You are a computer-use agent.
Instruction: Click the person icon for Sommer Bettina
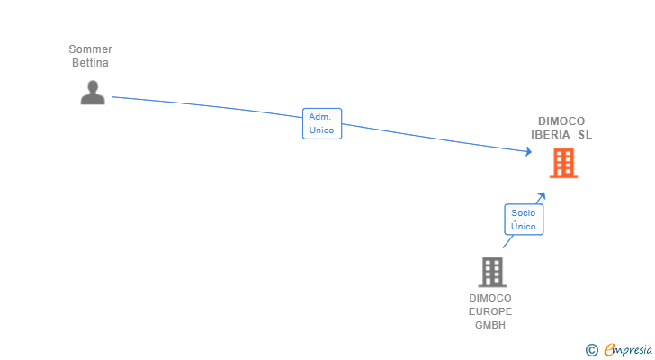(93, 92)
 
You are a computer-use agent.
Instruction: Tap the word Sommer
(90, 49)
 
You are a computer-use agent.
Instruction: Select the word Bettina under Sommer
(90, 63)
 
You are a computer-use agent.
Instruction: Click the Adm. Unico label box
(322, 123)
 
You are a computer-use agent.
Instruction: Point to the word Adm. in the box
(320, 117)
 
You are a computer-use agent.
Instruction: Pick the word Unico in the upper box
(322, 130)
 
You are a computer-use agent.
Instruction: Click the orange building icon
(563, 163)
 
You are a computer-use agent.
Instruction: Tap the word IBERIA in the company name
(551, 135)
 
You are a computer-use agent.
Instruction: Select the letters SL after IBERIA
(586, 135)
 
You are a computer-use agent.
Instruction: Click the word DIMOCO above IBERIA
(561, 121)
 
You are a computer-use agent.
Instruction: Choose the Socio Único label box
(524, 220)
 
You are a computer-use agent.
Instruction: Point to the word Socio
(524, 213)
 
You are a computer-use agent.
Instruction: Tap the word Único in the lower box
(524, 227)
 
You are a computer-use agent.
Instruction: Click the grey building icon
(491, 271)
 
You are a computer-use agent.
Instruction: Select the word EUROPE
(490, 311)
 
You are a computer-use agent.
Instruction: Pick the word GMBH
(490, 325)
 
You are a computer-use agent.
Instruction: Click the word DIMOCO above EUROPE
(490, 298)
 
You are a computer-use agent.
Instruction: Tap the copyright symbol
(592, 349)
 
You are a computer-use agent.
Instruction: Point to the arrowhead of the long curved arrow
(529, 153)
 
